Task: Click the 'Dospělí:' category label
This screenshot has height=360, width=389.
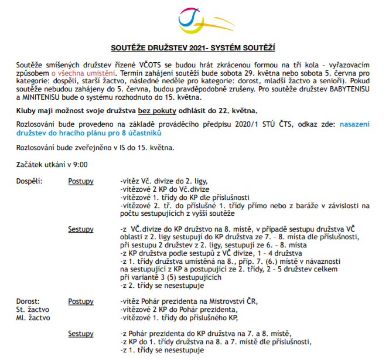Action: (29, 181)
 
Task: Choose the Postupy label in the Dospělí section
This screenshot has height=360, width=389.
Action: (81, 181)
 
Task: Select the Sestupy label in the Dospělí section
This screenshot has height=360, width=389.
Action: (81, 229)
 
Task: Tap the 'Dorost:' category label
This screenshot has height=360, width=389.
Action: (28, 301)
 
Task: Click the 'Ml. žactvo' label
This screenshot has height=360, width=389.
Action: (33, 318)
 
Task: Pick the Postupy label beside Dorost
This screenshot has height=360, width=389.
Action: (81, 301)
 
